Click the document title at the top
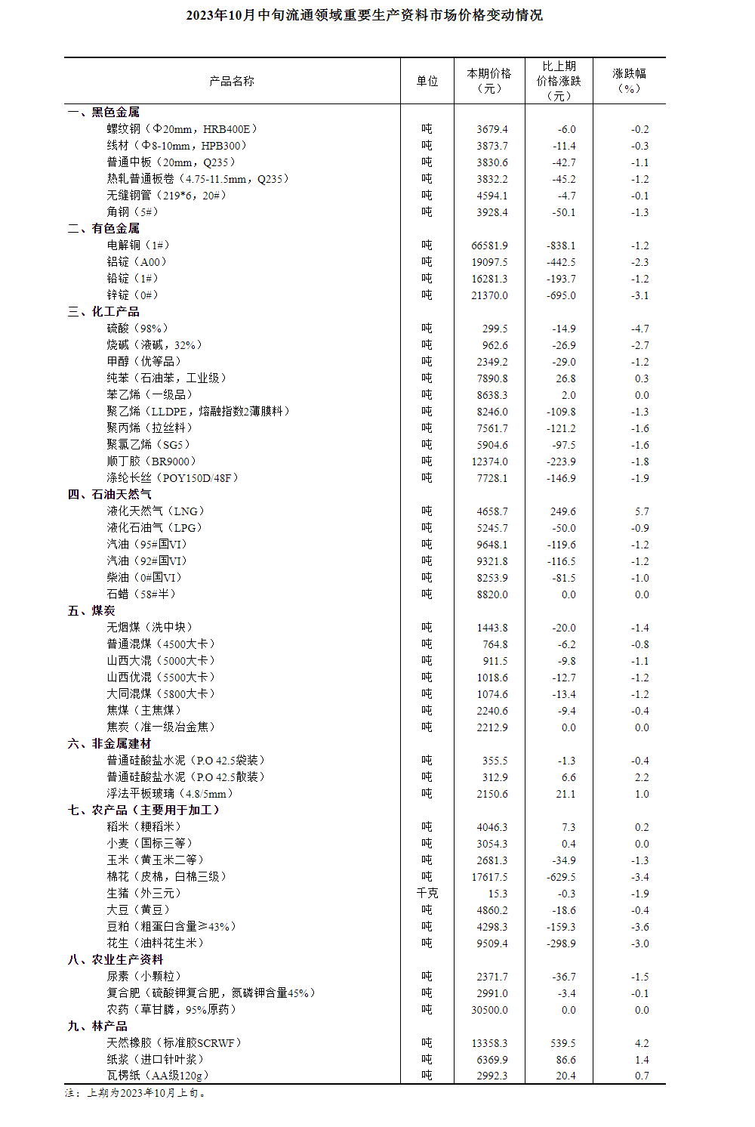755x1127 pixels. [364, 15]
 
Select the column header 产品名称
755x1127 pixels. [232, 81]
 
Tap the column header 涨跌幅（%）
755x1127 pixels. [629, 81]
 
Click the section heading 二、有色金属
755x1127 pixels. [103, 228]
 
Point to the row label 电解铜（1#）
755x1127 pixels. [138, 245]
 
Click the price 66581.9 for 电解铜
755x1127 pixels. [489, 245]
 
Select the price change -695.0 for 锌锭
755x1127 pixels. [561, 295]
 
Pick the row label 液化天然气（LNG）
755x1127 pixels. [156, 511]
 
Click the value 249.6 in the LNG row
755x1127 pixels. [562, 511]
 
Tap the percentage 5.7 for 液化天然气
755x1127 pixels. [642, 511]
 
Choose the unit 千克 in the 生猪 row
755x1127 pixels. [427, 894]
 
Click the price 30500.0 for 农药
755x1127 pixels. [489, 1010]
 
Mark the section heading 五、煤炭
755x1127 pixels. [91, 610]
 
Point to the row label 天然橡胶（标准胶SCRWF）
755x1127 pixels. [174, 1043]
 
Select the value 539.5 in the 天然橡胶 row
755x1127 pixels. [562, 1043]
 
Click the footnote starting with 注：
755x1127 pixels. [136, 1092]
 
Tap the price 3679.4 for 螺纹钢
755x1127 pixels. [492, 129]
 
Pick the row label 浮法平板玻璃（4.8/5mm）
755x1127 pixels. [170, 794]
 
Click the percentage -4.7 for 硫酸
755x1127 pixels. [639, 329]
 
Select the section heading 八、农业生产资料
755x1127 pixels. [116, 959]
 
